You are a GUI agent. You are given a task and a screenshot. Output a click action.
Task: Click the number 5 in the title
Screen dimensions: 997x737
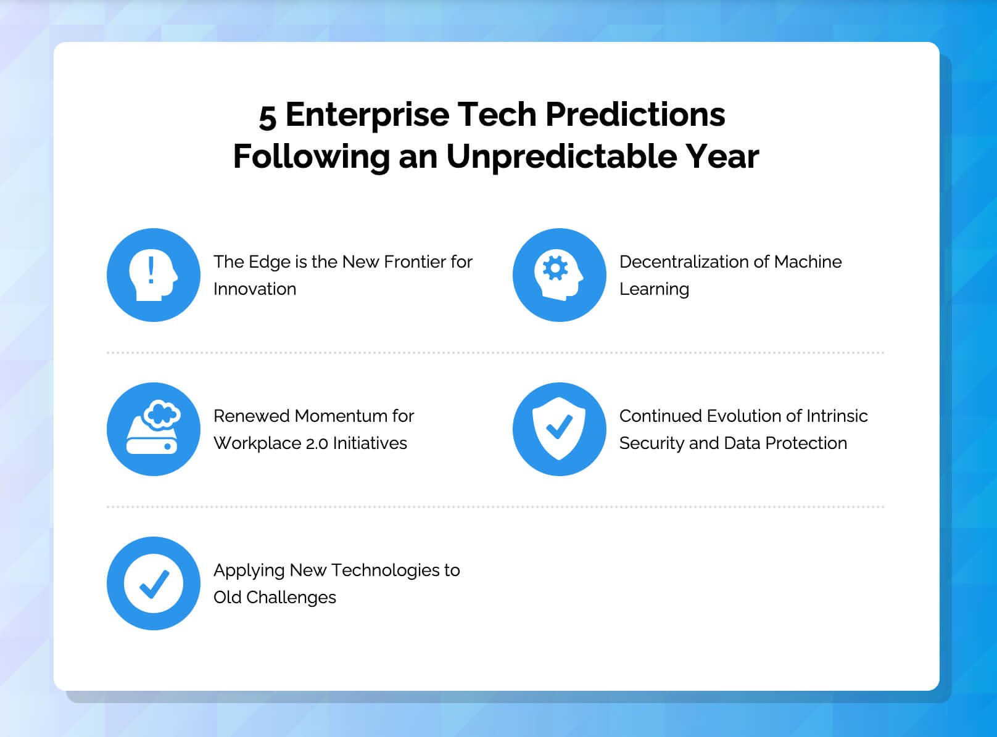(268, 117)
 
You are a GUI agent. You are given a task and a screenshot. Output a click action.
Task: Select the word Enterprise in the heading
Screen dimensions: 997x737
(367, 115)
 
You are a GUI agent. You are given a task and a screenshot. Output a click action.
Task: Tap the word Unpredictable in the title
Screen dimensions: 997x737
(561, 157)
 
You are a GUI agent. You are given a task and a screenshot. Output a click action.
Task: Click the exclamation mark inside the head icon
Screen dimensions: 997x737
(151, 270)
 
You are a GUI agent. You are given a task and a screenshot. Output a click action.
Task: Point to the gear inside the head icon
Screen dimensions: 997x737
(555, 268)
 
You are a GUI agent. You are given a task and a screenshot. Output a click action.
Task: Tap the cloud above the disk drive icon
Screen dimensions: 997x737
(162, 413)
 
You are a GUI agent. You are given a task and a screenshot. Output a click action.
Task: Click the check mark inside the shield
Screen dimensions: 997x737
(559, 426)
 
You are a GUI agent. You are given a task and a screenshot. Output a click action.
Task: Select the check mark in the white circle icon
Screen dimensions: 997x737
(154, 584)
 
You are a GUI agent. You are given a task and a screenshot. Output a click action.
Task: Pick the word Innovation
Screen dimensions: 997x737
(255, 289)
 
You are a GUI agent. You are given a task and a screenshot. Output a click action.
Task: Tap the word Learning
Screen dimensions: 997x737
(654, 289)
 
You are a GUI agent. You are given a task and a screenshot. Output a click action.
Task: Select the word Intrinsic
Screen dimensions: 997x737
(837, 416)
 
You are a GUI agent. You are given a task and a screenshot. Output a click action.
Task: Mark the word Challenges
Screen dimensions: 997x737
(291, 598)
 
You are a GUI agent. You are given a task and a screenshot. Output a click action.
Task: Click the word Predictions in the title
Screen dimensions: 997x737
(635, 114)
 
